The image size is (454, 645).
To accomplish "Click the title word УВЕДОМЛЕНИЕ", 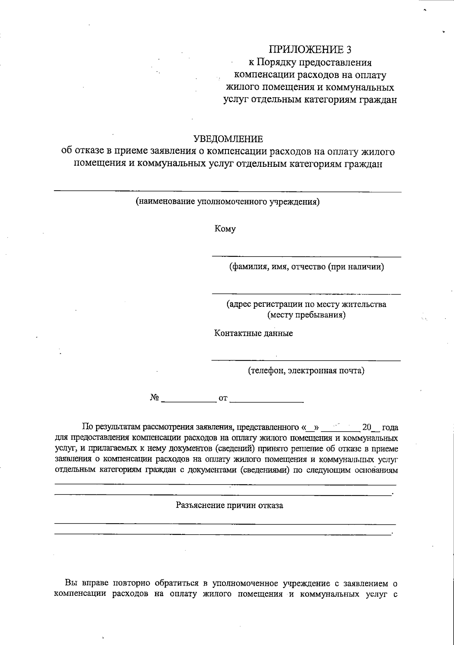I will coord(228,139).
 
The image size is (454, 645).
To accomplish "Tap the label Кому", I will coord(225,229).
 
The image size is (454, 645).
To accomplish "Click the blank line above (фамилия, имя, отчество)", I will coord(306,257).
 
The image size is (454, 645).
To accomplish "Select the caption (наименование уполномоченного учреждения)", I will coord(228,202).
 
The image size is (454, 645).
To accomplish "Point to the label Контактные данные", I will coord(253,333).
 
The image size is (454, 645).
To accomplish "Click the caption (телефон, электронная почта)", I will coord(306,370).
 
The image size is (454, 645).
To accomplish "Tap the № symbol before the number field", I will coord(154,398).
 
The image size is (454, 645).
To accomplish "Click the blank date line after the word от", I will coord(266,401).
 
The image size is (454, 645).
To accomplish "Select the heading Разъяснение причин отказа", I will coord(230,505).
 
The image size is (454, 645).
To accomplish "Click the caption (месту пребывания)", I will coord(306,315).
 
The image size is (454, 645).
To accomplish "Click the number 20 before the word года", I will coord(367,427).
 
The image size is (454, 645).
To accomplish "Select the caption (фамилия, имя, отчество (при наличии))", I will coord(306,267).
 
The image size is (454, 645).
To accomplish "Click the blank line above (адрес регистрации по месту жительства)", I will coord(306,294).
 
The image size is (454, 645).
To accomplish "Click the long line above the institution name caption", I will coord(227,192).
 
